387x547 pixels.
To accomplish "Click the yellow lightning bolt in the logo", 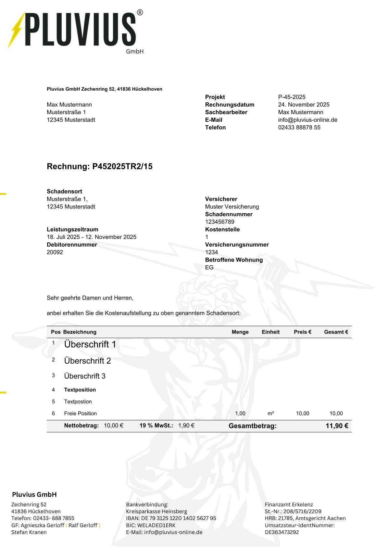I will (16, 30).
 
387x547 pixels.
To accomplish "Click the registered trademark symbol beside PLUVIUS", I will (140, 12).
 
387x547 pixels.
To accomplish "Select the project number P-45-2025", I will (292, 97).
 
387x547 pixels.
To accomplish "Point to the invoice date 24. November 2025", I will (304, 105).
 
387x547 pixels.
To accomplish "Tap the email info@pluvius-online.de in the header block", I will (307, 120).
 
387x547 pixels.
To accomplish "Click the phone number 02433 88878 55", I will (299, 127).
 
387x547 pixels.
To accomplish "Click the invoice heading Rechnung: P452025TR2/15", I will (100, 166).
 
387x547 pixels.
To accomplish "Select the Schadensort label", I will (64, 191).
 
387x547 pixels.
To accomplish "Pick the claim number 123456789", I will (219, 222).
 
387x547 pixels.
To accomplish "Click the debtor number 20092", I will (55, 252).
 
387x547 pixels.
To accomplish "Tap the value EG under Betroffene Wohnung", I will (209, 267).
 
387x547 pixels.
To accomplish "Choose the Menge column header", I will (240, 332).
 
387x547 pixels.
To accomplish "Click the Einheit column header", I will (270, 332).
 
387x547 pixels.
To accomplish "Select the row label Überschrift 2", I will (87, 361).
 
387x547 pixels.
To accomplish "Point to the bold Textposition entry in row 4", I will (80, 390).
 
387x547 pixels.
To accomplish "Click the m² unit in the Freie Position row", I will (270, 413).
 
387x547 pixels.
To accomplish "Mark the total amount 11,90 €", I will (337, 426).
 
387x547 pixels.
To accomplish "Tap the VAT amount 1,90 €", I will (186, 426).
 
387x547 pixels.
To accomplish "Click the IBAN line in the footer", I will (171, 518).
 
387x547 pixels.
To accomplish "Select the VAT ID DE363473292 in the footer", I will (281, 532).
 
